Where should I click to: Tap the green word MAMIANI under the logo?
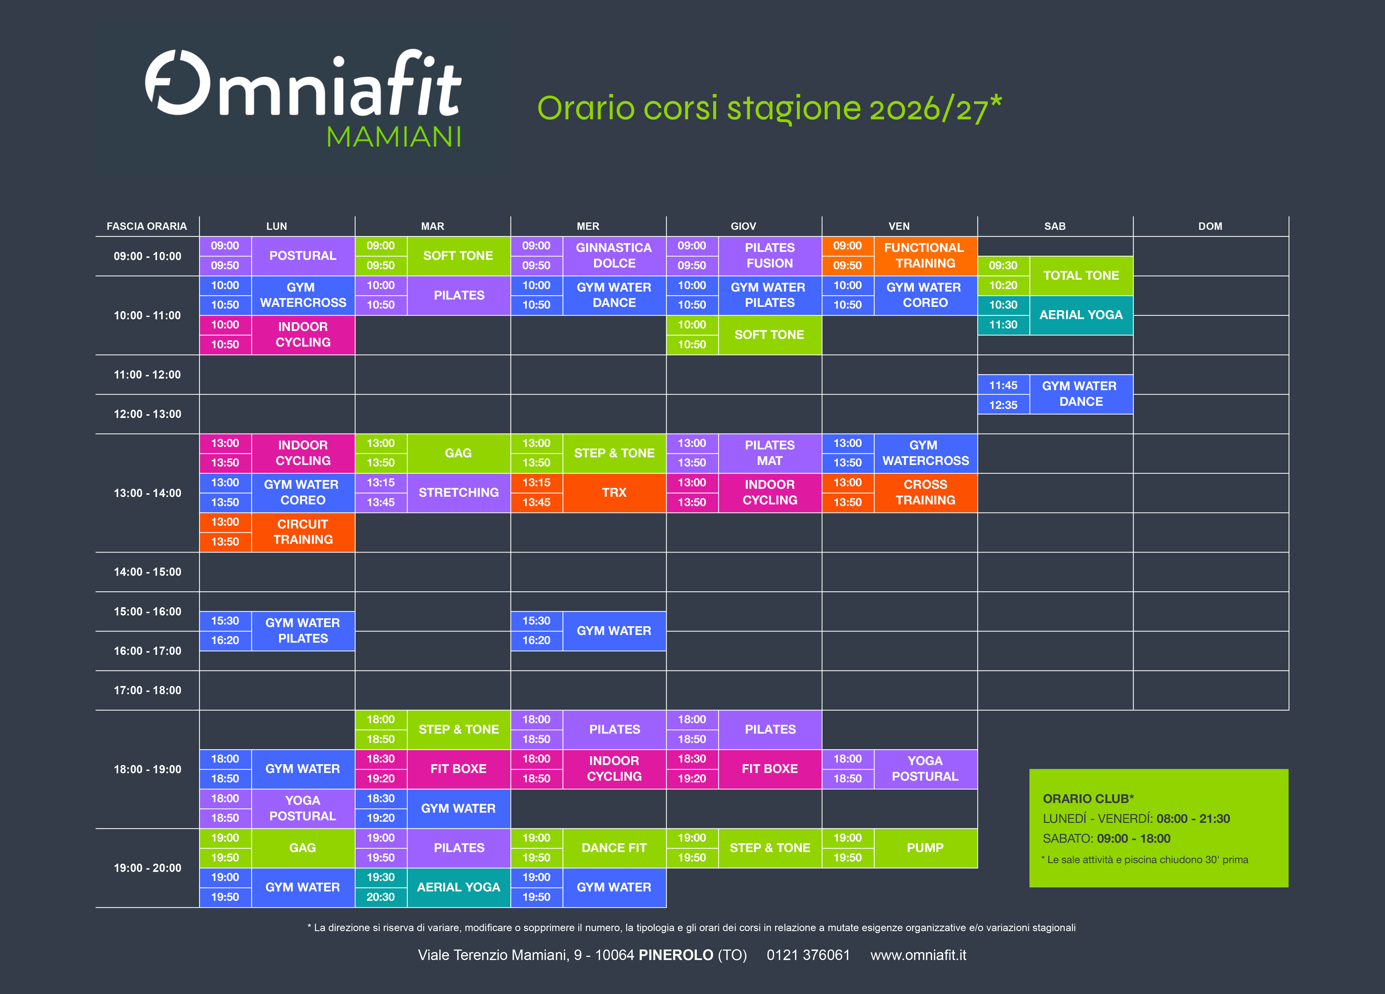tap(394, 137)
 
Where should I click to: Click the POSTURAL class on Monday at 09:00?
tap(303, 256)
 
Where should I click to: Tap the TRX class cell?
tap(614, 492)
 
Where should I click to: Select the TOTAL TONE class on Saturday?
tap(1081, 275)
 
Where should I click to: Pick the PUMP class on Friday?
tap(925, 848)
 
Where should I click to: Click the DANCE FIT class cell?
tap(614, 848)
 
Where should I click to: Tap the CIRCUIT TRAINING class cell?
tap(303, 532)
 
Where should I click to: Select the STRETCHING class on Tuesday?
tap(459, 492)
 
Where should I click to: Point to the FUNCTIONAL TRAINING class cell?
tap(925, 256)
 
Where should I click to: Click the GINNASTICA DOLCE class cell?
tap(614, 256)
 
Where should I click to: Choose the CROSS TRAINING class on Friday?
tap(925, 492)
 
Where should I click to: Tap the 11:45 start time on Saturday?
tap(1003, 385)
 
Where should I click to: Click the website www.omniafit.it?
tap(919, 955)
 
